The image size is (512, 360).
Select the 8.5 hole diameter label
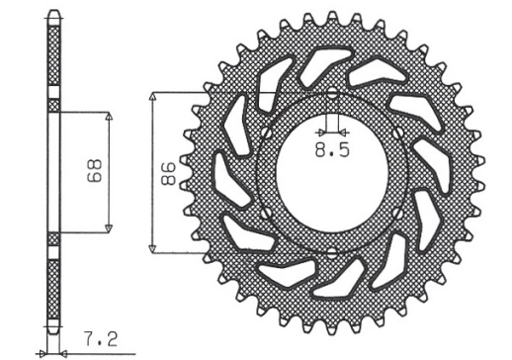(x=331, y=151)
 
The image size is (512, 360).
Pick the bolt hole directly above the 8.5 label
(x=331, y=96)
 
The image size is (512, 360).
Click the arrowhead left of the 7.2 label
(x=43, y=352)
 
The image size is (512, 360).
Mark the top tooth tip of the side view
(x=53, y=14)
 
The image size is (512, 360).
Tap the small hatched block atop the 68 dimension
(x=53, y=104)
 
